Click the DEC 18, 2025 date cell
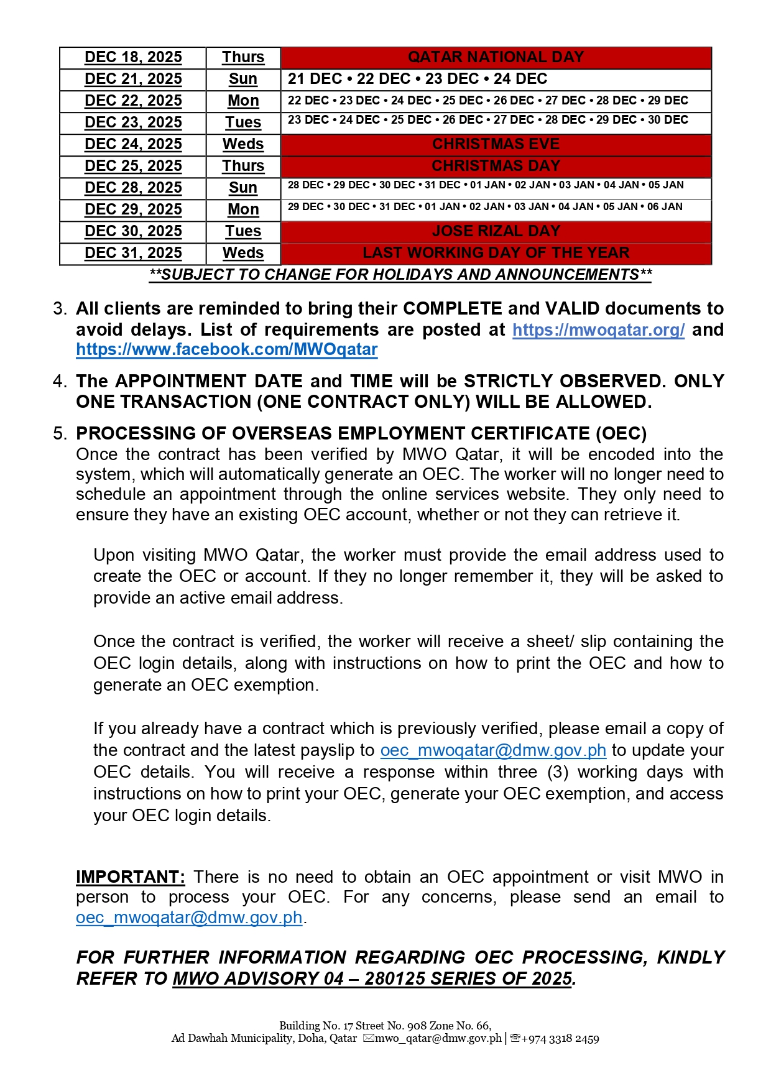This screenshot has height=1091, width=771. [133, 57]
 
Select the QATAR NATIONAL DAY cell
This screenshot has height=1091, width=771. [496, 57]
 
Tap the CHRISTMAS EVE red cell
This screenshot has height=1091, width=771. [496, 144]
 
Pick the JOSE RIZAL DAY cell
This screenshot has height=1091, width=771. [496, 231]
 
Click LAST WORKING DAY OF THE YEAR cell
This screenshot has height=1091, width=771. [496, 253]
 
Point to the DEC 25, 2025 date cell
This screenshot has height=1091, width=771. [133, 166]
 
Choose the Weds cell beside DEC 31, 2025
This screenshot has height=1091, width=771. [243, 253]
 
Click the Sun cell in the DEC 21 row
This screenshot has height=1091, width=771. [243, 79]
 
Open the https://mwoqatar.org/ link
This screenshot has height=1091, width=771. [598, 329]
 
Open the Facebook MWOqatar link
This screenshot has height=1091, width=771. [227, 349]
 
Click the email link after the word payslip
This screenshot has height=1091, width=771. [493, 750]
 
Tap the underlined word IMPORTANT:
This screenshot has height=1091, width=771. [131, 877]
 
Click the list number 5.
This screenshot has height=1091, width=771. [60, 433]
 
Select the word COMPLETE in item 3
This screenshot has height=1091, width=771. [452, 308]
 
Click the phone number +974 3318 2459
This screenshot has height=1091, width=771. [560, 1038]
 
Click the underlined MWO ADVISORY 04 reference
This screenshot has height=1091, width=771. [372, 978]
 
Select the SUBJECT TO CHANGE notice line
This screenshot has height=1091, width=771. [400, 275]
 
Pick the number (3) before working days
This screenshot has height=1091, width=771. [557, 772]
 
